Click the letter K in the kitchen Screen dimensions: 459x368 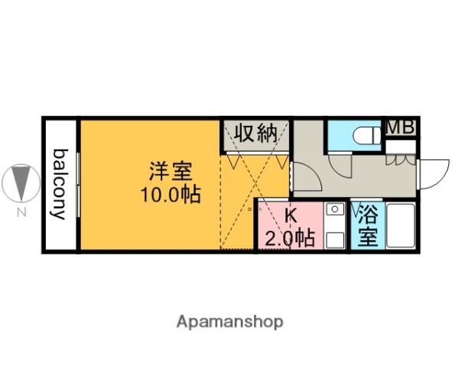pyautogui.click(x=291, y=216)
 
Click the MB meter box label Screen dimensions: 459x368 pyautogui.click(x=399, y=128)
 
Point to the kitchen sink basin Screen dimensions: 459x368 pyautogui.click(x=334, y=210)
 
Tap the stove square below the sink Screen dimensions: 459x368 pyautogui.click(x=334, y=237)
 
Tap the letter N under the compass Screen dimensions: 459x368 pyautogui.click(x=20, y=211)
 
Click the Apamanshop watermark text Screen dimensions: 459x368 pyautogui.click(x=229, y=321)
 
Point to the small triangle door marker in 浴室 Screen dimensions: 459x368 pyautogui.click(x=356, y=207)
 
